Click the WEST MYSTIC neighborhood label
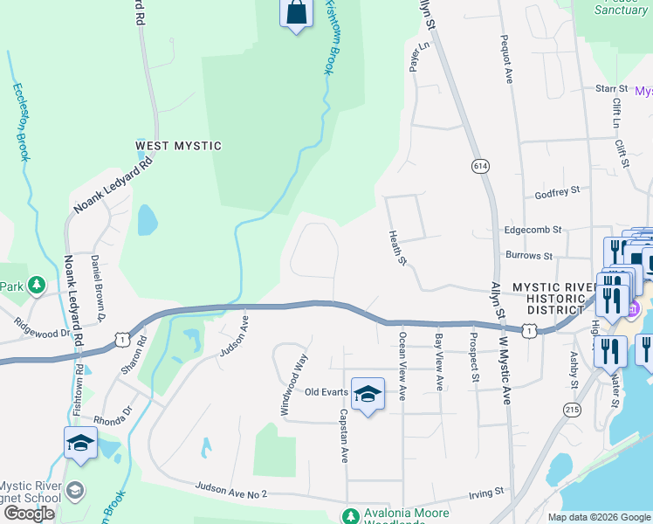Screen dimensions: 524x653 [178, 146]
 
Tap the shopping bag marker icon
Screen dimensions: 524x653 [296, 12]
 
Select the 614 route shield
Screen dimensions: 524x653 [480, 166]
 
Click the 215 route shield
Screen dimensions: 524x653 [573, 409]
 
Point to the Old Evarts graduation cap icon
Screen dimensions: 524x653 [368, 394]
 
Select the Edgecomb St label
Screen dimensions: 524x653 [533, 230]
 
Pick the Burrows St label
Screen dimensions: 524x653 [529, 256]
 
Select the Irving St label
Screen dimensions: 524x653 [487, 492]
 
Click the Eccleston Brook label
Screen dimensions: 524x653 [20, 122]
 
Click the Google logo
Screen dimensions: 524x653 [29, 514]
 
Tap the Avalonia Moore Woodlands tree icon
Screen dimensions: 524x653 [350, 516]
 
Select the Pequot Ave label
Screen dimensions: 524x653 [505, 59]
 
